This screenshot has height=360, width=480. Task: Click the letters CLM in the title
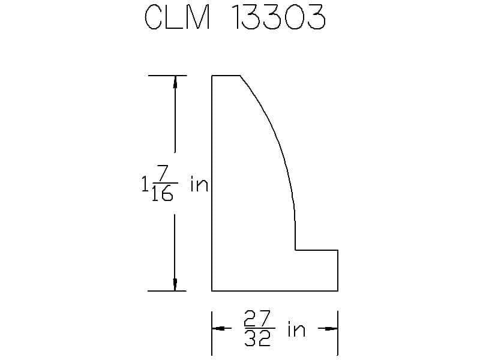pyautogui.click(x=177, y=17)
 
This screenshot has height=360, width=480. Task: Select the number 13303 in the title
pyautogui.click(x=279, y=17)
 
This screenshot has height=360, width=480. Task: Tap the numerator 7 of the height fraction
pyautogui.click(x=163, y=173)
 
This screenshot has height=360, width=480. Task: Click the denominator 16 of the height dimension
pyautogui.click(x=163, y=193)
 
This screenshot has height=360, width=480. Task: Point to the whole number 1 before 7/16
pyautogui.click(x=145, y=184)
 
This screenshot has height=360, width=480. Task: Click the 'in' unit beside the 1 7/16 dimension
pyautogui.click(x=199, y=184)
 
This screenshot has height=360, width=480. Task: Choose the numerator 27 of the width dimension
pyautogui.click(x=257, y=319)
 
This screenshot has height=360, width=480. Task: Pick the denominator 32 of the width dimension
pyautogui.click(x=257, y=338)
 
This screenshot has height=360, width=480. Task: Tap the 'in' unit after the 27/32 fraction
pyautogui.click(x=296, y=329)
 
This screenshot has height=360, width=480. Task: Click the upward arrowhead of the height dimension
pyautogui.click(x=175, y=82)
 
